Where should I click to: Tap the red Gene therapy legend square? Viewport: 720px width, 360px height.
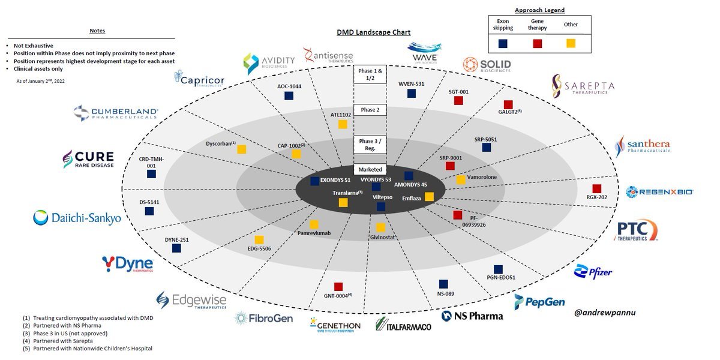538,43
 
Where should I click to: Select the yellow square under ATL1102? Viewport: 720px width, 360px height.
343,124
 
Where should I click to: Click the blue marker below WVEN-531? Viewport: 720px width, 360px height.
412,94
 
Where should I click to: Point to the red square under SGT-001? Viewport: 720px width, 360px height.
458,101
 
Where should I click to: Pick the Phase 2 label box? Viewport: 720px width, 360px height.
370,110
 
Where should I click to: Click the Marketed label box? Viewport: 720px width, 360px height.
370,169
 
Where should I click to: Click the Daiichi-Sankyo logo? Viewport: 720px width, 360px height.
77,218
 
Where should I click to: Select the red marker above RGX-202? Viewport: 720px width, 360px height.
596,188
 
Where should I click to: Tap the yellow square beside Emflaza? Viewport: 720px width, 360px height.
429,196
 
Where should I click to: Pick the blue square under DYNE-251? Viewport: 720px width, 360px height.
176,248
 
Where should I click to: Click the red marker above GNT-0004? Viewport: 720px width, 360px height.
338,286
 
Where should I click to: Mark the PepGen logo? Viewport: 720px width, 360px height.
539,301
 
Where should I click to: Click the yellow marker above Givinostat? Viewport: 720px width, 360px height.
380,227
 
